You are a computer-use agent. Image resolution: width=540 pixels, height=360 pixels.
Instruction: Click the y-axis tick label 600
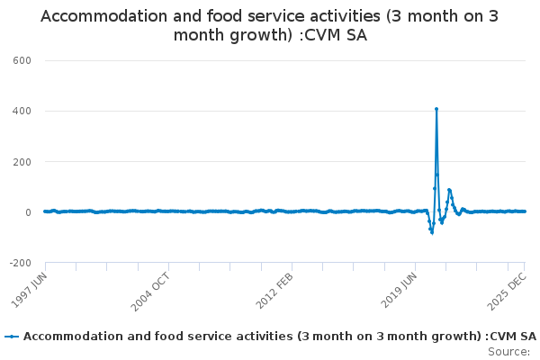coord(22,60)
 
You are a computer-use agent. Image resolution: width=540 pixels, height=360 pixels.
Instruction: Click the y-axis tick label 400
coord(22,111)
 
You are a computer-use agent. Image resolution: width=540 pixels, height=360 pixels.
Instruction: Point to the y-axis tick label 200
coord(22,162)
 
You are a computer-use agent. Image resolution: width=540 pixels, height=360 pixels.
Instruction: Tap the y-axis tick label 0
coord(28,212)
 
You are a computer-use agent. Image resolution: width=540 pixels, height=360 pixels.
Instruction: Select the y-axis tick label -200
coord(19,263)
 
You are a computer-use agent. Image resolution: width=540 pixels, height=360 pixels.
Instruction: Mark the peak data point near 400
coord(436,109)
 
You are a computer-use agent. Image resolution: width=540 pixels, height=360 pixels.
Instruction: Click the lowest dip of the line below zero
coord(432,232)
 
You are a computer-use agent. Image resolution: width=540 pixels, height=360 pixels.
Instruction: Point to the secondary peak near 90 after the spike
coord(448,190)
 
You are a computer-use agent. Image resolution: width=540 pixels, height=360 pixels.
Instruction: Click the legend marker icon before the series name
coord(12,337)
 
